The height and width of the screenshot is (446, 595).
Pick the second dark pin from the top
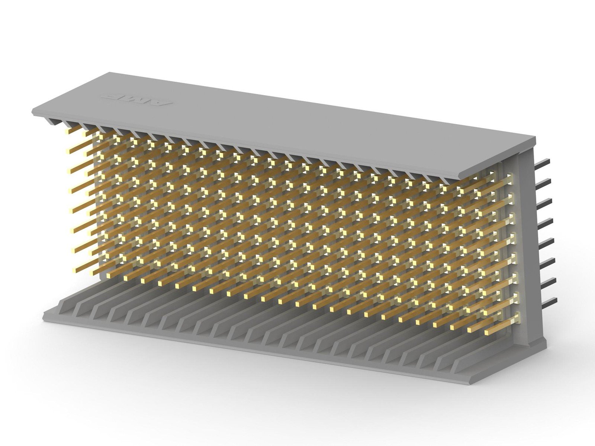tap(543, 182)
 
